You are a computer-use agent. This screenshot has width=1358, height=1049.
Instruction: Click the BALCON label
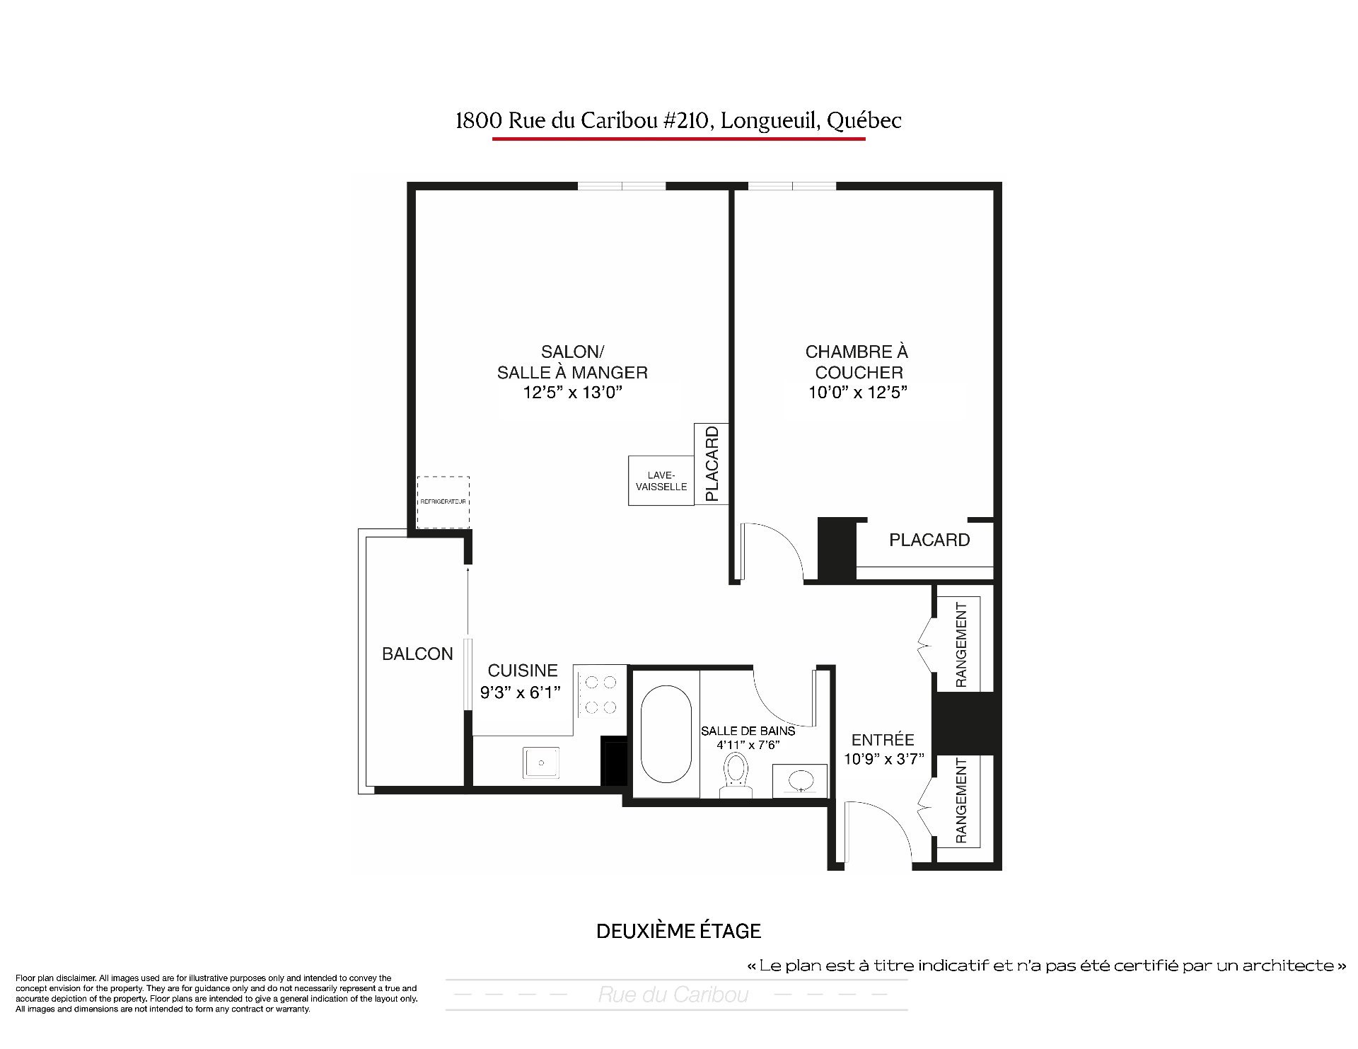(x=417, y=654)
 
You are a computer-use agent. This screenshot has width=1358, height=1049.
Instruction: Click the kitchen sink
(x=542, y=763)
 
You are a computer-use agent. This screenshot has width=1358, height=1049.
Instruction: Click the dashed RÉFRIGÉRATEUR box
(x=443, y=502)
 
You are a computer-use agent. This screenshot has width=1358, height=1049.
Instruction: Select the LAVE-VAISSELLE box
(x=661, y=481)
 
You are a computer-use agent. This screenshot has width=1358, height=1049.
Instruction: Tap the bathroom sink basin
(x=800, y=781)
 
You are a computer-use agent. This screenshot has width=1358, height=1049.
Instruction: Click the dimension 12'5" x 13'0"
(x=572, y=392)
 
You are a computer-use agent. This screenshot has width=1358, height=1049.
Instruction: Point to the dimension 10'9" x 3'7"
(x=883, y=759)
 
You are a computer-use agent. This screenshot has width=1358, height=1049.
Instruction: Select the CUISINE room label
(x=523, y=671)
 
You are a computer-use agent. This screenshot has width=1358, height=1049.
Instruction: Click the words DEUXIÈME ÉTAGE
(x=679, y=931)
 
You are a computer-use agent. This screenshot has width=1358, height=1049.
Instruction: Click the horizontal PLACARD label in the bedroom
(x=929, y=540)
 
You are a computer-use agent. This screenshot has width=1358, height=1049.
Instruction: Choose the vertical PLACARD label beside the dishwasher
(x=712, y=463)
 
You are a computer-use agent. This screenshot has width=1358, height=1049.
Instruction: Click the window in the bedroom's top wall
(x=792, y=187)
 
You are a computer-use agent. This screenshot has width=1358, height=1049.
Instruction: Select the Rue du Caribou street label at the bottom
(x=673, y=995)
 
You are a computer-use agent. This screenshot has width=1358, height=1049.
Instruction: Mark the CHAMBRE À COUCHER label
(x=857, y=362)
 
